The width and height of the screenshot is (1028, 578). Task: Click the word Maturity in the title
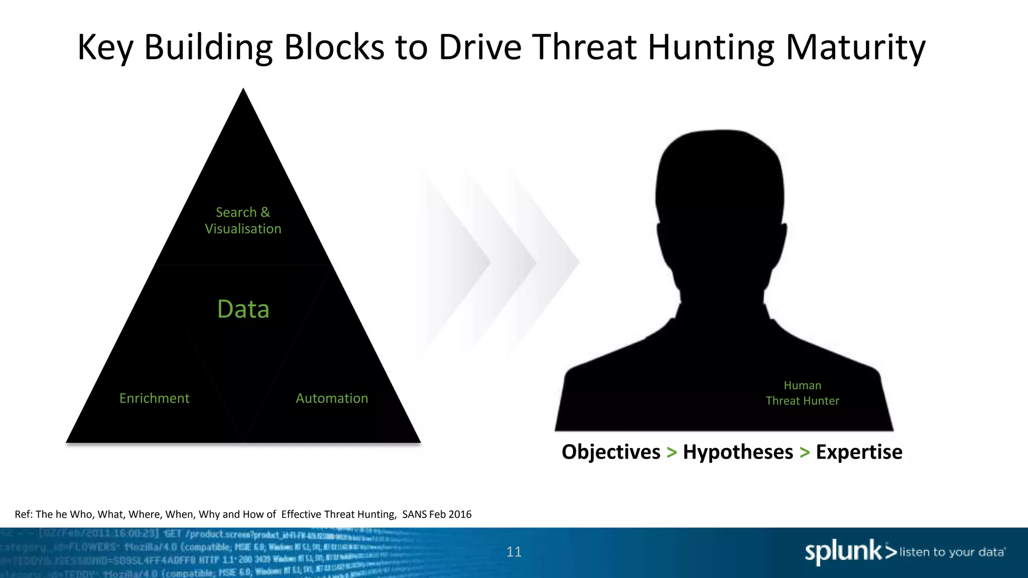point(855,48)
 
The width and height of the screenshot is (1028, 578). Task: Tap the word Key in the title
point(105,48)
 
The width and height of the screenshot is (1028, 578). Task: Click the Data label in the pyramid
point(243,309)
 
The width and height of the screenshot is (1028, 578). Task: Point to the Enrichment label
point(154,398)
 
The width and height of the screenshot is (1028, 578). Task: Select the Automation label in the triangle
point(332,398)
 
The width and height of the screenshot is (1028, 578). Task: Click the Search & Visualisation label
point(243,221)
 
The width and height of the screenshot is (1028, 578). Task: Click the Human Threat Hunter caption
point(802,393)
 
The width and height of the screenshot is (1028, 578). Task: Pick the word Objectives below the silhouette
point(611,452)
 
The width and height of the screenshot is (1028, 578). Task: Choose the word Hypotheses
point(738,452)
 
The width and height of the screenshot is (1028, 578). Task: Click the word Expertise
point(859,452)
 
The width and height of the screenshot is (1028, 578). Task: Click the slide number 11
point(514,552)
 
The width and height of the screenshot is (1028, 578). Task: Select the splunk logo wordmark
point(843,552)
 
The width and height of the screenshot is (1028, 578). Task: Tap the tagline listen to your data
point(952,552)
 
